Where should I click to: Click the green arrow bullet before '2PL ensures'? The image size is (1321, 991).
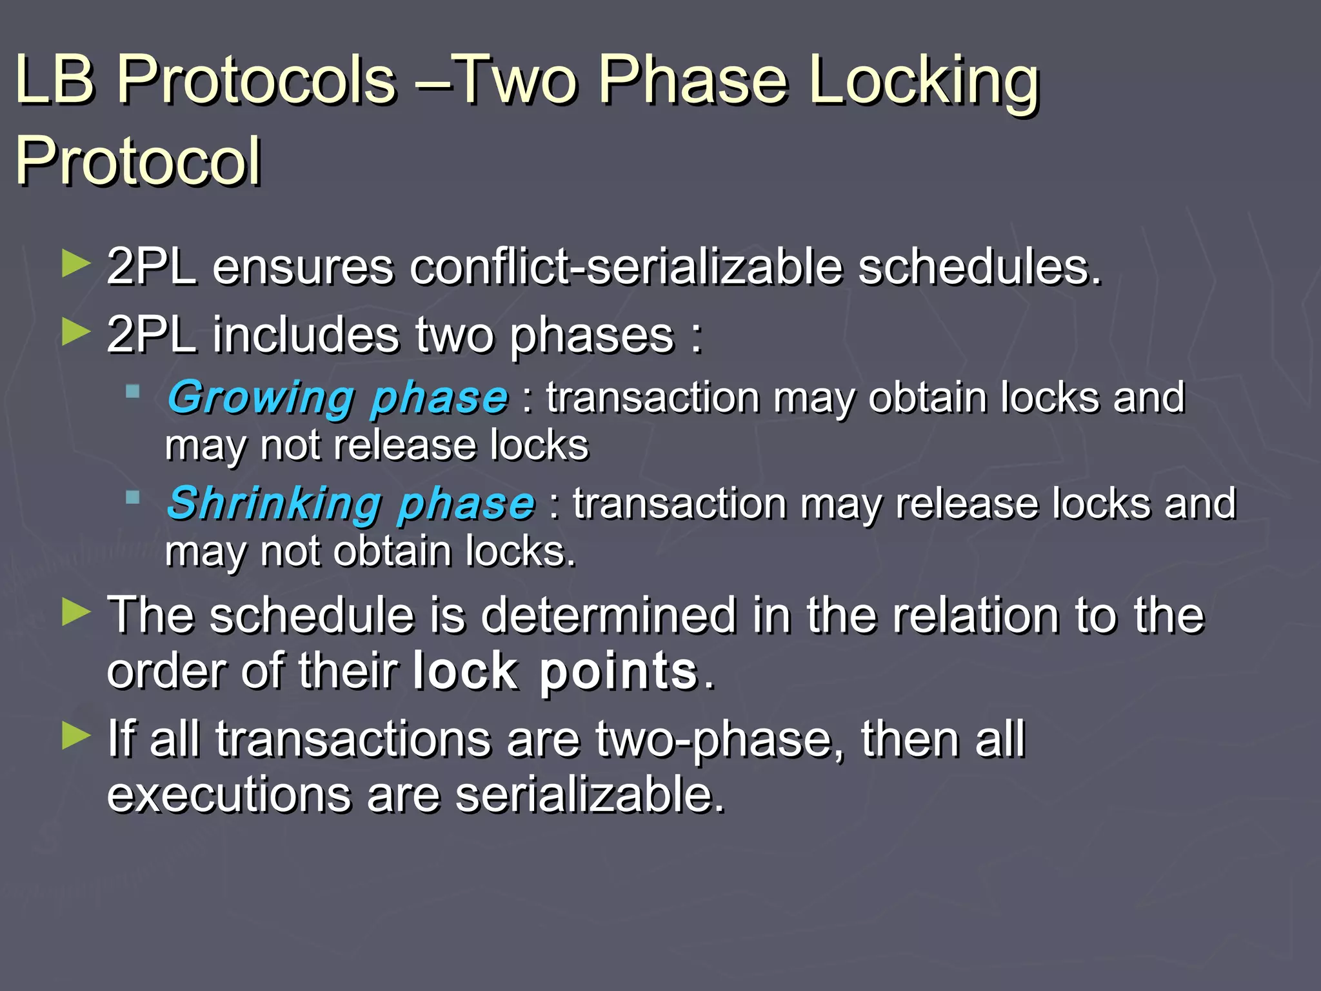(x=76, y=265)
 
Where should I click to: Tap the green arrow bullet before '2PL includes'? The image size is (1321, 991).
(x=76, y=332)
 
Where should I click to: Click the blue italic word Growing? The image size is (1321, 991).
(x=261, y=398)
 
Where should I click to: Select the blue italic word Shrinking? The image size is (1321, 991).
(x=273, y=504)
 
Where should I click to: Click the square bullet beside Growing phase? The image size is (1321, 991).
(x=133, y=391)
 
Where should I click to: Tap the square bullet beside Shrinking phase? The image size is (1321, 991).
(x=133, y=497)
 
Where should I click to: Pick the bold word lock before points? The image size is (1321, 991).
(x=464, y=672)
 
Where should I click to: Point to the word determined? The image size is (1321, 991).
(x=609, y=615)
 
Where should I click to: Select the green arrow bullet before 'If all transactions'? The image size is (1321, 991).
(x=76, y=736)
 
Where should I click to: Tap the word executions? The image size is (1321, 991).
(x=229, y=794)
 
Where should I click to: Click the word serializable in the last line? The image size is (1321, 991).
(x=590, y=794)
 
